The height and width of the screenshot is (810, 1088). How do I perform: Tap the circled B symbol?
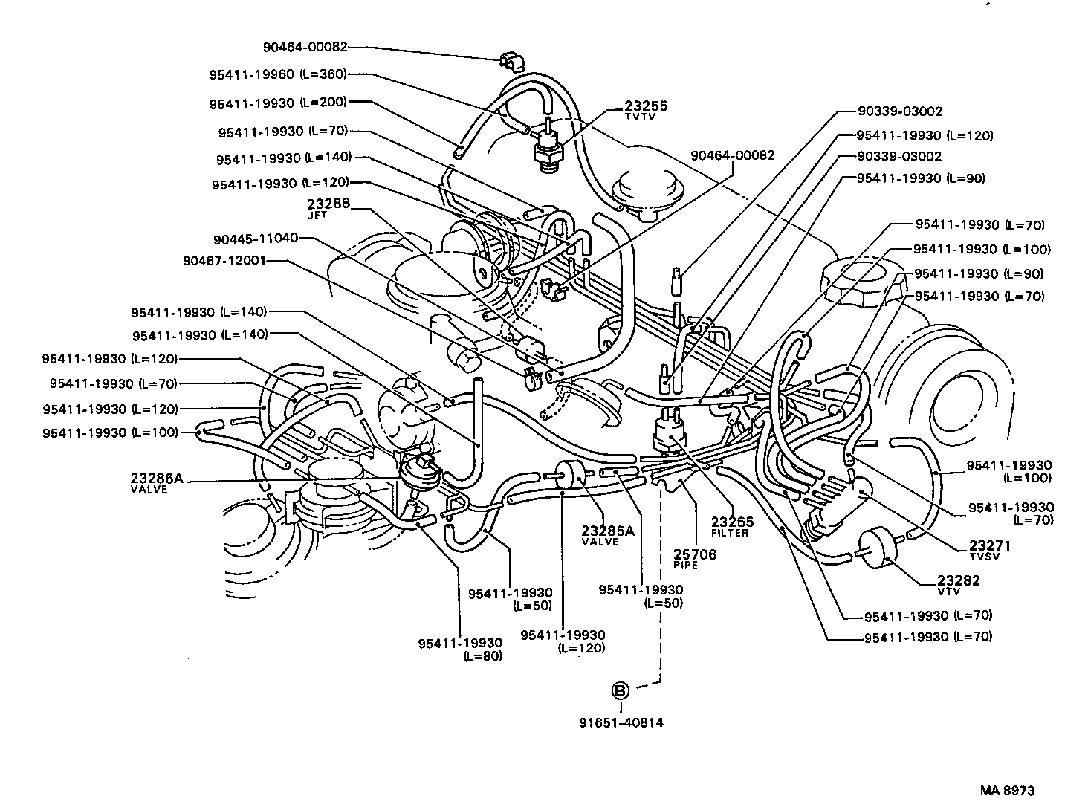[620, 691]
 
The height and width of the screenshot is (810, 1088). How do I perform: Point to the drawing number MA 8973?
[1007, 791]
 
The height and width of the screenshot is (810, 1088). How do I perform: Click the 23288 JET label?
[328, 207]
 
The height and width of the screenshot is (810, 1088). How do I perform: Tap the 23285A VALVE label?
[608, 535]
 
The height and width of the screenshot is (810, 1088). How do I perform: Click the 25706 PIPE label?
[695, 559]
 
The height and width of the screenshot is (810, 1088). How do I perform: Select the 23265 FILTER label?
[731, 526]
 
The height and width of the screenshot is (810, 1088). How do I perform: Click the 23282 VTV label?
[958, 585]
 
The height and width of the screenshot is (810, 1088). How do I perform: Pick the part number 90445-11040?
[255, 239]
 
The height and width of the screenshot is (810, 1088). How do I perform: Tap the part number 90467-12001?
[224, 261]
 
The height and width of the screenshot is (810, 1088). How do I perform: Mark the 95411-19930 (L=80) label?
[460, 649]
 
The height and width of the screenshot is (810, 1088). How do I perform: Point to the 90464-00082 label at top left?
[305, 46]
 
